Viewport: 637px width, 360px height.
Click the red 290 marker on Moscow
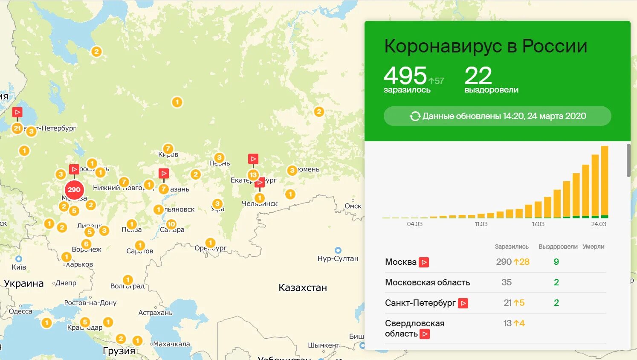point(74,190)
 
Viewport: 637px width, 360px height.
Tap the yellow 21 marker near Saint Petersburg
point(17,128)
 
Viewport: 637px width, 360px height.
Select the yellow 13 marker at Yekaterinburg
point(253,175)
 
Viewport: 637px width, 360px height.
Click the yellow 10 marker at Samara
point(171,224)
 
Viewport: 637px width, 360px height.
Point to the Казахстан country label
point(303,288)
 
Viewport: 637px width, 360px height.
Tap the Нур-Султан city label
point(338,258)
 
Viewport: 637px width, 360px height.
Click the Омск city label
point(353,206)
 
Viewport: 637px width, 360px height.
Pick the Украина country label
point(24,284)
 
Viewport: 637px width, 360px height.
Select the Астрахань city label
point(155,313)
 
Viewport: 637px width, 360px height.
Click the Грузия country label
point(119,351)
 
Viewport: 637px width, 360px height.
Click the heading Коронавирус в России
point(486,46)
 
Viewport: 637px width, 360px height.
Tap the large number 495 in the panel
point(405,75)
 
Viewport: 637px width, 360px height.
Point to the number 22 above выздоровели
point(478,75)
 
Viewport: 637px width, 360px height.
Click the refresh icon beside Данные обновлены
point(415,116)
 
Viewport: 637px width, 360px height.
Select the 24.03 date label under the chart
point(598,224)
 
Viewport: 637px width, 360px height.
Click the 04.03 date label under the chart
point(414,224)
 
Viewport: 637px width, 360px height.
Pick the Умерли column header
point(594,247)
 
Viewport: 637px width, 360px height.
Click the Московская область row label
point(427,282)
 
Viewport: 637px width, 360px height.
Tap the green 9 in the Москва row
point(556,262)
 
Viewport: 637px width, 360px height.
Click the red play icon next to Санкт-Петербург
point(463,303)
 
